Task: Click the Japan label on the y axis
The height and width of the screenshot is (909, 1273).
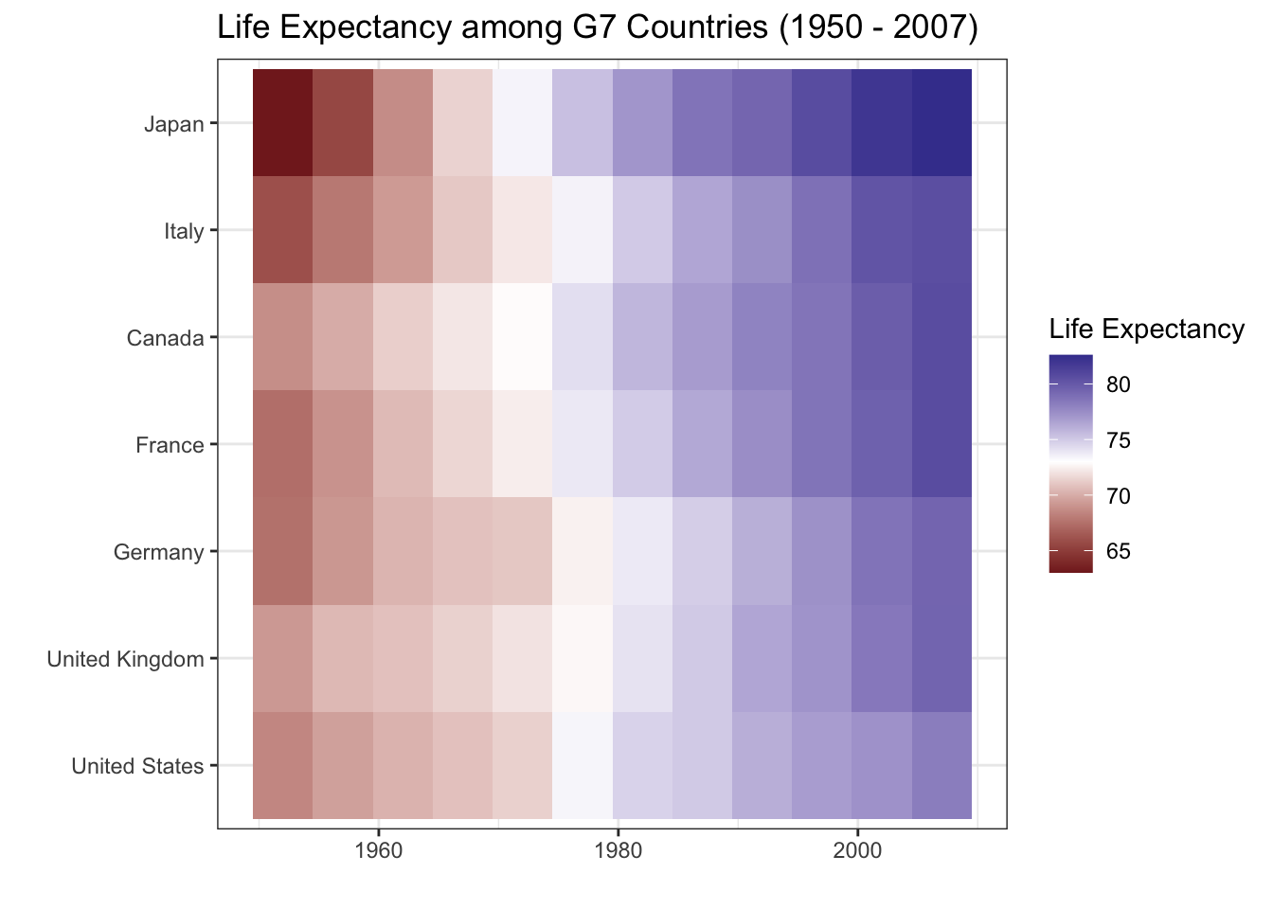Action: tap(173, 124)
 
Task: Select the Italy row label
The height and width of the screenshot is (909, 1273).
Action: tap(183, 231)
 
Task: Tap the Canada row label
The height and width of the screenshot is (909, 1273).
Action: tap(165, 338)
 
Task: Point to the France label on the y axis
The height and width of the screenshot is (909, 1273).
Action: tap(170, 445)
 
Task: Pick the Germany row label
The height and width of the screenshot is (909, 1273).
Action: tap(158, 552)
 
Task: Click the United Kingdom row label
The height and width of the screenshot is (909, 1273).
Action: tap(125, 659)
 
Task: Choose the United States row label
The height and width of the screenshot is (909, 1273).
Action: tap(137, 766)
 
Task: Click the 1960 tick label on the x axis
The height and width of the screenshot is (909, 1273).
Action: tap(378, 850)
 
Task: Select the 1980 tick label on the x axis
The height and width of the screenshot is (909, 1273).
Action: tap(618, 850)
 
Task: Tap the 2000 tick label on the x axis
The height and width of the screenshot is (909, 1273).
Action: tap(857, 850)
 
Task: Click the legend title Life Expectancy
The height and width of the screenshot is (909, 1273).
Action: tap(1146, 330)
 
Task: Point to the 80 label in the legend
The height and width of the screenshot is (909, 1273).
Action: tap(1118, 384)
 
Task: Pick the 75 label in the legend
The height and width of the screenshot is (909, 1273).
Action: tap(1118, 440)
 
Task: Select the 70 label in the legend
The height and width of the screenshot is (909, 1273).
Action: tap(1118, 496)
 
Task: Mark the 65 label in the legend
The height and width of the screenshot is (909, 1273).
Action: tap(1118, 552)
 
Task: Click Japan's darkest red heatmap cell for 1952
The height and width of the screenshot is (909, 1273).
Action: tap(282, 123)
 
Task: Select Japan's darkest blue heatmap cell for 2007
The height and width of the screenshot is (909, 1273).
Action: tap(942, 123)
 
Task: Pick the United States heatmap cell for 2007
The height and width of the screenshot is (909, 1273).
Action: tap(942, 765)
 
